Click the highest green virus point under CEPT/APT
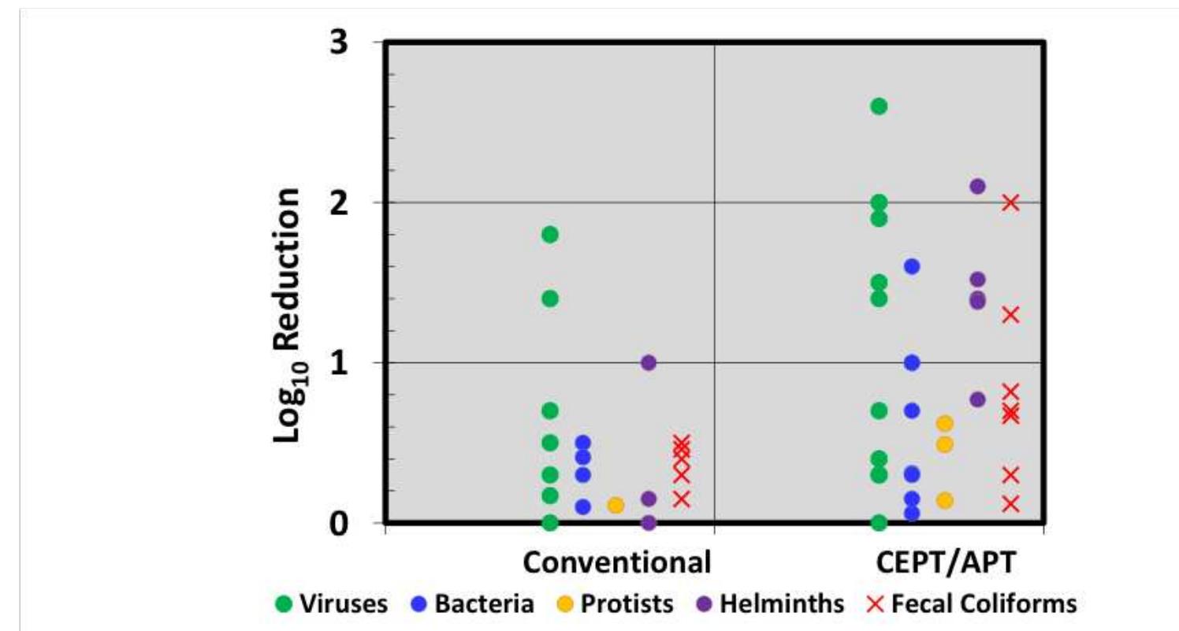(x=879, y=106)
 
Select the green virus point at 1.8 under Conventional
(x=550, y=234)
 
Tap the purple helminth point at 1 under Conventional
(x=649, y=362)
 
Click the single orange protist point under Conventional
(x=616, y=505)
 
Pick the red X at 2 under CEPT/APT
(x=1010, y=202)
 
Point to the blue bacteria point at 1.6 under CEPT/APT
(x=912, y=266)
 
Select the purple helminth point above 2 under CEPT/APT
(x=977, y=187)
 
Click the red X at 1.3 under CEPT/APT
(x=1010, y=314)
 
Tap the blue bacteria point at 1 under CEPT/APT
(x=912, y=362)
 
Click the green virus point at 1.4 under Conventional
(x=550, y=299)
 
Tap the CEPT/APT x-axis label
(x=946, y=563)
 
